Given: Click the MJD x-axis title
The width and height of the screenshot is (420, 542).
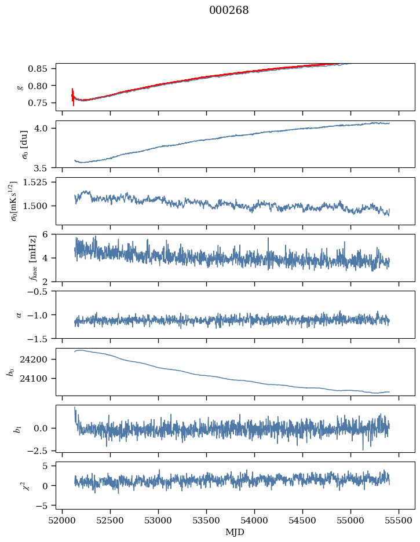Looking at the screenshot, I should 235,532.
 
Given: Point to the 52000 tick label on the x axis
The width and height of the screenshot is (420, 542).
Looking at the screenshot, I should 63,520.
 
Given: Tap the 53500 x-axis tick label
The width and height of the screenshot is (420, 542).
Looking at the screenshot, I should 207,520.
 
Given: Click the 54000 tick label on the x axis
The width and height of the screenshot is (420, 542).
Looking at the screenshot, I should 255,520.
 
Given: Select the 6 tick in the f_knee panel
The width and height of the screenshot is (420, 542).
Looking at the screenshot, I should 49,235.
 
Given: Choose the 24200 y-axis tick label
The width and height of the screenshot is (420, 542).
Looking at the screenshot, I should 38,360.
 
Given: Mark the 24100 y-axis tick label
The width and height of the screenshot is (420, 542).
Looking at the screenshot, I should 38,379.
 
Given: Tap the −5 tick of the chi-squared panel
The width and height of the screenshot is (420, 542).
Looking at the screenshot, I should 45,506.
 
